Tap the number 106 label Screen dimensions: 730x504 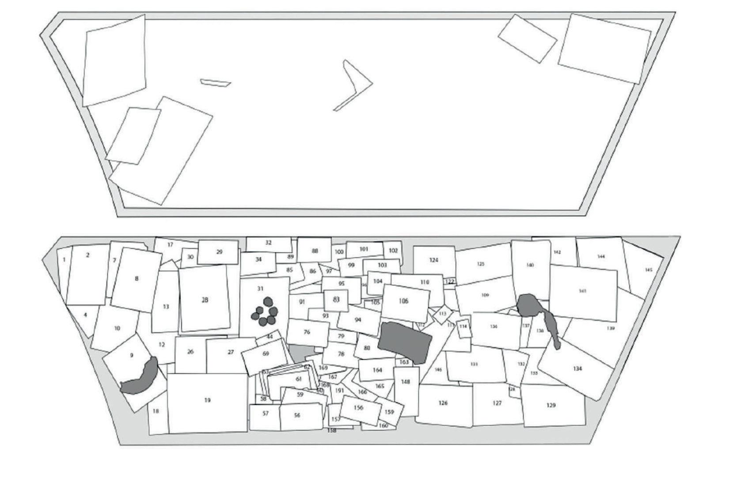coord(403,301)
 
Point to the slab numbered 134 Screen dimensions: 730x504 coord(578,369)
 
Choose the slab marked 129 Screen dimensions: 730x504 coord(551,405)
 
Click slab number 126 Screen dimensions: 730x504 coord(443,403)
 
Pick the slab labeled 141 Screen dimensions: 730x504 coord(582,291)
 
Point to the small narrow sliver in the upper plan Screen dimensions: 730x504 coord(215,82)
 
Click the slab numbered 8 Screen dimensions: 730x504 coord(137,279)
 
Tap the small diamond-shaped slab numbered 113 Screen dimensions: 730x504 coord(443,314)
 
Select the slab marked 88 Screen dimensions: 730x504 coord(315,251)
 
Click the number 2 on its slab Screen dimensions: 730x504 coord(87,255)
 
